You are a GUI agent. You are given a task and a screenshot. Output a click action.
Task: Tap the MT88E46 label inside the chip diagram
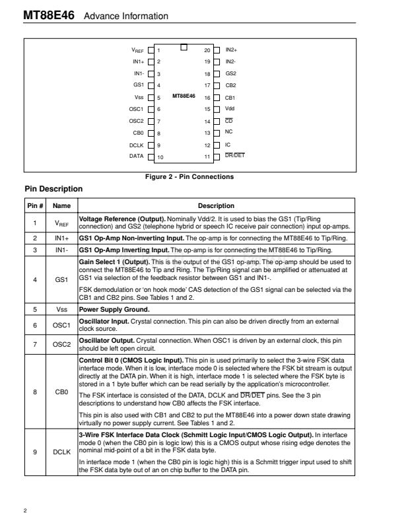click(184, 96)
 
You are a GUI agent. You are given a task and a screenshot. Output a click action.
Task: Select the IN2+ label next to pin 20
click(231, 50)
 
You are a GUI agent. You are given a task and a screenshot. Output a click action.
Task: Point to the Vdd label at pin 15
click(230, 108)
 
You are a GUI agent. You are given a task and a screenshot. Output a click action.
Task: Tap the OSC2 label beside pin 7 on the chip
click(136, 121)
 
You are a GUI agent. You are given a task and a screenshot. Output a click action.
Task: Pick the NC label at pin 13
click(228, 132)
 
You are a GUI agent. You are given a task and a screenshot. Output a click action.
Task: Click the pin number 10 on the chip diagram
click(160, 157)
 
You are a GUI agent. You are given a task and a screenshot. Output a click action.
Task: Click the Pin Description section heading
click(53, 189)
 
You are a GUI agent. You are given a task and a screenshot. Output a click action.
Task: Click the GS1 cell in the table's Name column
click(61, 279)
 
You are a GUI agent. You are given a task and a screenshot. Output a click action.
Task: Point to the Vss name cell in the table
click(61, 308)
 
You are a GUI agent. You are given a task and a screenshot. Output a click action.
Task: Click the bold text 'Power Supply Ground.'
click(109, 308)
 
